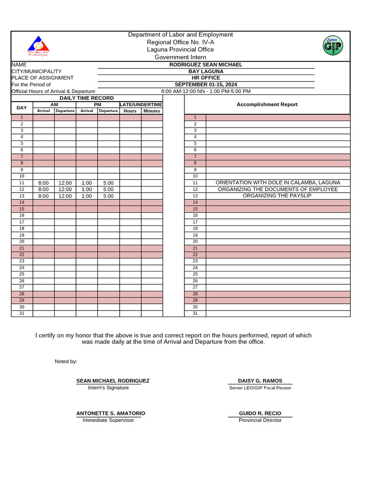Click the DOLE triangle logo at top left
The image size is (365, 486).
point(38,46)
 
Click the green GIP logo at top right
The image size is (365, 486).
point(333,46)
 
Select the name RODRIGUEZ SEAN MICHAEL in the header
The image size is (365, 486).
point(206,65)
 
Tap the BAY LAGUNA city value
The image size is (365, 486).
point(206,71)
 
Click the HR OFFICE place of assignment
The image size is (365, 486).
point(206,78)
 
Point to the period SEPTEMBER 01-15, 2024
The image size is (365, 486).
point(206,84)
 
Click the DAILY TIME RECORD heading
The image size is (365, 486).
point(86,98)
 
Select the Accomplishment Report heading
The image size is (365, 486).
point(267,104)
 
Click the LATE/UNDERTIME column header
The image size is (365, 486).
point(141,104)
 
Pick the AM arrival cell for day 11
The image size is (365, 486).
point(43,183)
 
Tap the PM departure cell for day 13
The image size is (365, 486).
point(108,196)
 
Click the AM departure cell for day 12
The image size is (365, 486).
point(65,189)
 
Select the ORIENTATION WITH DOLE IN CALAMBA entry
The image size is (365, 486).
point(278,183)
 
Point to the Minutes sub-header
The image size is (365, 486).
point(152,111)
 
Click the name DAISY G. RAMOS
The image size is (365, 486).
point(260,381)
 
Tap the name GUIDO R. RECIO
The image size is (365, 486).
point(260,413)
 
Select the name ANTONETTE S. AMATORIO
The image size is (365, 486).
point(111,413)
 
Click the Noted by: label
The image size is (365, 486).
point(66,362)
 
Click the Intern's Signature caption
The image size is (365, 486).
point(108,388)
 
